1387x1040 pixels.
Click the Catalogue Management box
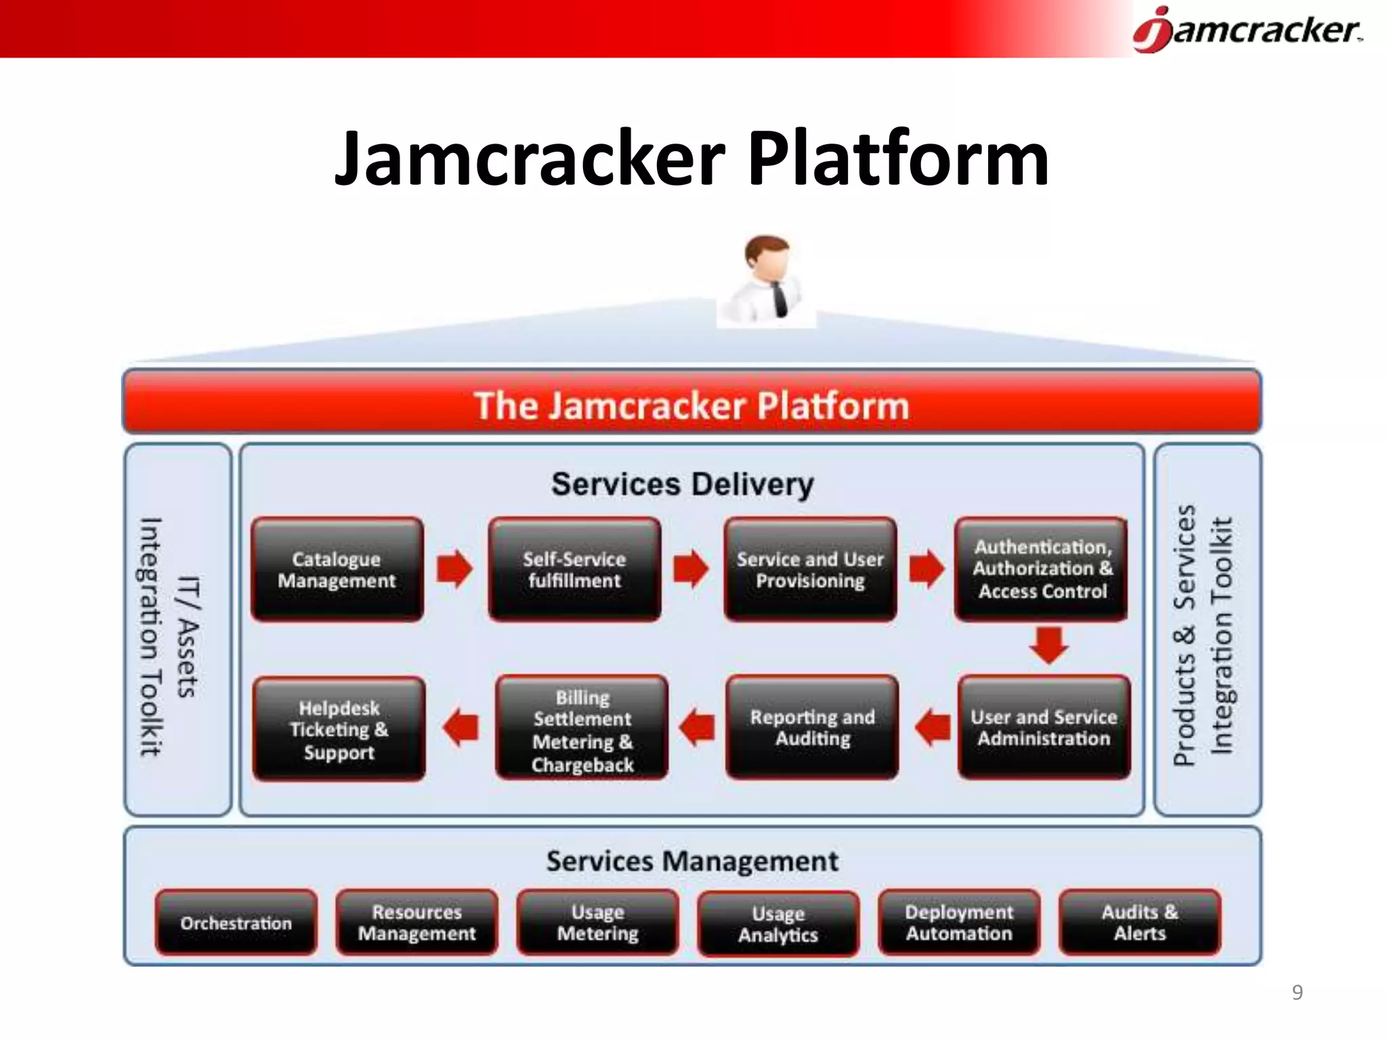(337, 569)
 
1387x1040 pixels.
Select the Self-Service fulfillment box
(574, 569)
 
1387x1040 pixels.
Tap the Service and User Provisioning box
(810, 569)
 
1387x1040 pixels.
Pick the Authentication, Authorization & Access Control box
(1042, 569)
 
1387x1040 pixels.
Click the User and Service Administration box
(1044, 727)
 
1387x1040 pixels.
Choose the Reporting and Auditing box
(812, 727)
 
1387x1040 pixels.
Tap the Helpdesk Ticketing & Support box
(339, 729)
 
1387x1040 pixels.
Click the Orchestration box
(236, 923)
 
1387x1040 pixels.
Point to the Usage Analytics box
(778, 924)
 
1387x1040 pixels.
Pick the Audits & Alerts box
(1140, 922)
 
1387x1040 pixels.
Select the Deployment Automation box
(959, 922)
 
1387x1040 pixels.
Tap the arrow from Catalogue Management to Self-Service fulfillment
(454, 568)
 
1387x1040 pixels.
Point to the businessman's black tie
(780, 299)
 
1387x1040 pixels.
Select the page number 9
(1297, 992)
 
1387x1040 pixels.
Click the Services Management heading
(692, 861)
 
